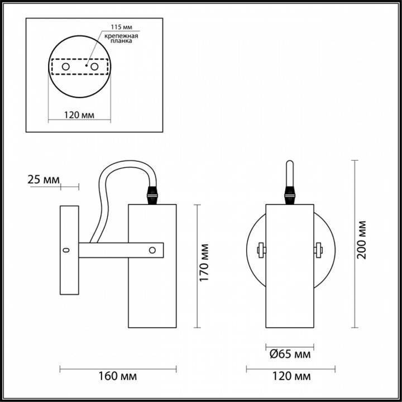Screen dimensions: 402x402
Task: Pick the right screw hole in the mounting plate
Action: coord(94,67)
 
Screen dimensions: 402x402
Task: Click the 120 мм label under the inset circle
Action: coord(79,116)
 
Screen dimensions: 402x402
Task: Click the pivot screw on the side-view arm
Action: coord(152,250)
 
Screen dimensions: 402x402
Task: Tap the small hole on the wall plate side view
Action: coord(67,250)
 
